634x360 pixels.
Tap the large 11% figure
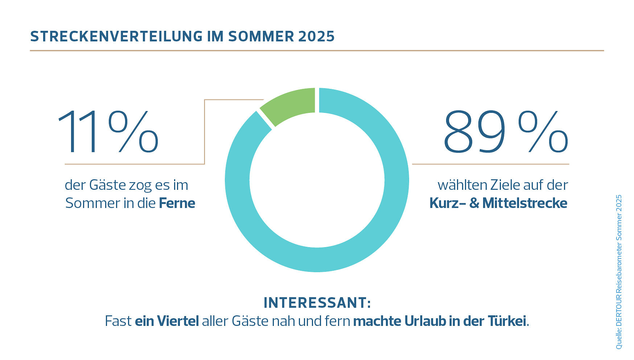108,132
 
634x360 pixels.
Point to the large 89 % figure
505,132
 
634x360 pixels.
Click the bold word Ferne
177,203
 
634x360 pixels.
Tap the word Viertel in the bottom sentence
178,321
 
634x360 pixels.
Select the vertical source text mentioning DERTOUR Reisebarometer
618,272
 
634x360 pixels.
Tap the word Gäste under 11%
107,185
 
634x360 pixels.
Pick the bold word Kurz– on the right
448,203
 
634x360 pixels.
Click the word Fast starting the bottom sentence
118,321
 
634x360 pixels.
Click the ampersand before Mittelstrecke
474,203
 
